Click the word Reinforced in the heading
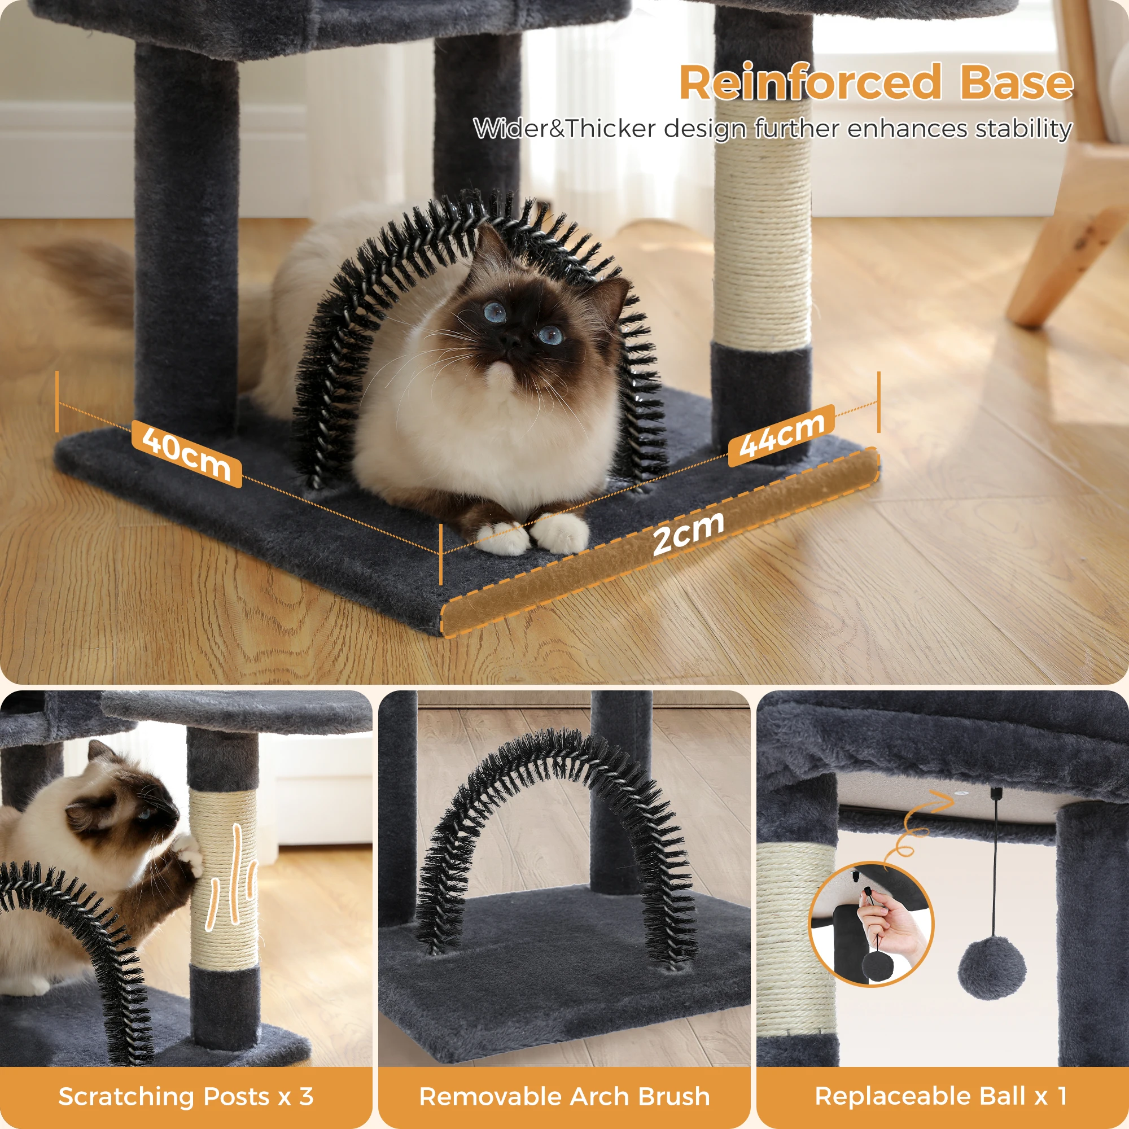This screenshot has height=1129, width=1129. [809, 82]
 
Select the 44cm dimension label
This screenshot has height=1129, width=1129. [781, 435]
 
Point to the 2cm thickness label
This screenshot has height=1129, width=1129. [688, 532]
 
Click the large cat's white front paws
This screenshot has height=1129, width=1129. [532, 535]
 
